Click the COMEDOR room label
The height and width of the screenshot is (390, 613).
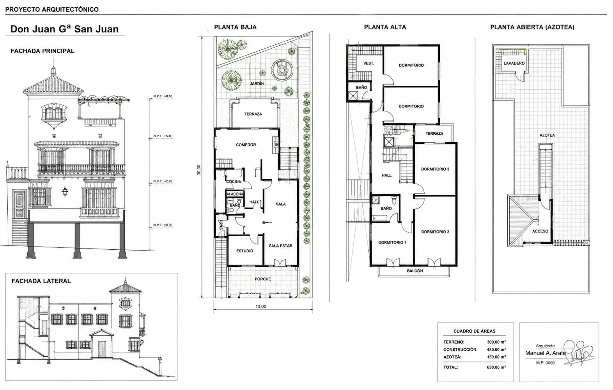point(246,145)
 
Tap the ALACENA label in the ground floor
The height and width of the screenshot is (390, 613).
point(235,194)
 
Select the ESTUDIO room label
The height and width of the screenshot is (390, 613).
point(244,251)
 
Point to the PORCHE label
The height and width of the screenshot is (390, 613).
point(263,279)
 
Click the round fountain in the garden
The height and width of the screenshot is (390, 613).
point(282,70)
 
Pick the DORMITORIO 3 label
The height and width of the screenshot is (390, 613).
point(435,169)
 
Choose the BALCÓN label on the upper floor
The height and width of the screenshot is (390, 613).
point(415,271)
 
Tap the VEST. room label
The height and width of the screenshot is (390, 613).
point(369,64)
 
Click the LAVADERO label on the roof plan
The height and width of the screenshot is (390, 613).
point(514,63)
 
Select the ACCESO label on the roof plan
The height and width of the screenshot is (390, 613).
point(540,231)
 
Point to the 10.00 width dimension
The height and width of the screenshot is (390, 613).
point(260,306)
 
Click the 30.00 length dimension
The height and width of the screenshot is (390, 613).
point(199,170)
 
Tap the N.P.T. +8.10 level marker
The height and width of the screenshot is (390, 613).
point(163,96)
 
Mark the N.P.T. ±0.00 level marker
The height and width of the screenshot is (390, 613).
point(163,225)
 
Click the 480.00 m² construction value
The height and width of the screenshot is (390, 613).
point(496,349)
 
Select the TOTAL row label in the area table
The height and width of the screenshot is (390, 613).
point(450,367)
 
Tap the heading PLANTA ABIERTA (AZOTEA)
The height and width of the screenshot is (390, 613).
point(532,27)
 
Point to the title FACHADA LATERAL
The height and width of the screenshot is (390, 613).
point(41,281)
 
